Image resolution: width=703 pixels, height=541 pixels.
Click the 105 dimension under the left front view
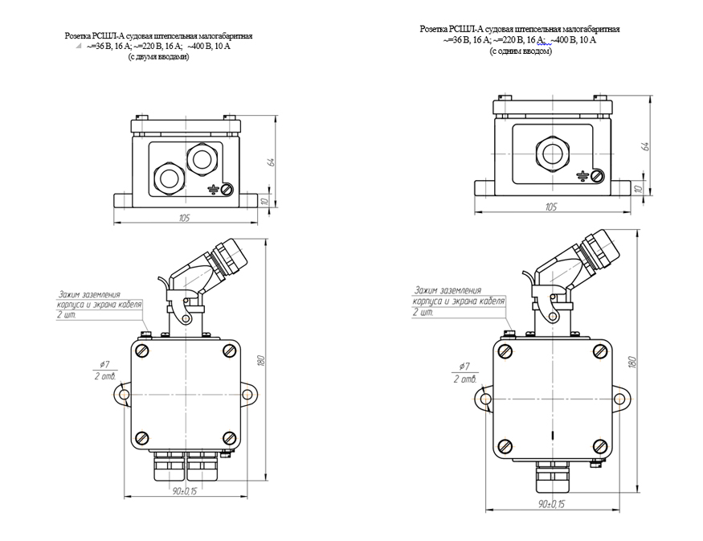point(186,218)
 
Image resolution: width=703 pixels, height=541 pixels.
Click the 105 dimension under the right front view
point(550,207)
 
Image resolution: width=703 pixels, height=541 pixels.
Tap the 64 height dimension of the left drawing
point(272,162)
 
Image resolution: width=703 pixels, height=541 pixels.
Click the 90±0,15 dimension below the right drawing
point(550,503)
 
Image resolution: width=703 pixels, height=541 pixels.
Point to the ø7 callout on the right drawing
point(464,368)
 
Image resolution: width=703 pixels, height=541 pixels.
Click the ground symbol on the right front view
point(583,176)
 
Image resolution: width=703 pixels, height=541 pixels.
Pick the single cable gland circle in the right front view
point(551,150)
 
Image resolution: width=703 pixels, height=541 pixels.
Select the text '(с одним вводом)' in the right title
point(520,51)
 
